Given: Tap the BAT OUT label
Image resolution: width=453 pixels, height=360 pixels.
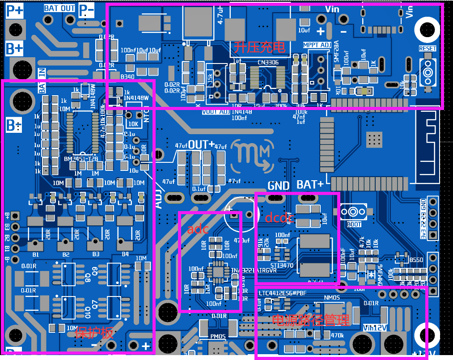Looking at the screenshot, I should (x=59, y=8).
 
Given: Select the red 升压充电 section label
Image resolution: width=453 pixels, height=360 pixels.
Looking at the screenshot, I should (x=259, y=47).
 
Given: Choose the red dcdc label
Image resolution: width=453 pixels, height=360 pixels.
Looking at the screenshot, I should (x=279, y=218).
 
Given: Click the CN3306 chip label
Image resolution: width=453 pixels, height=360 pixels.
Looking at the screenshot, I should (x=268, y=63).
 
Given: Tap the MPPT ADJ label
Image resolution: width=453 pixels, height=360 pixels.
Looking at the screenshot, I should (x=317, y=45).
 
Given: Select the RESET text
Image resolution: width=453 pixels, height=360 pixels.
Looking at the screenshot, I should (x=428, y=48).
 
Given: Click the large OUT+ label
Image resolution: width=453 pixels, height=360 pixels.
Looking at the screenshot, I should (x=201, y=145).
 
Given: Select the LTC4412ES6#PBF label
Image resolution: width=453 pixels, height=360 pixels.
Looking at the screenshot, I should (x=283, y=293).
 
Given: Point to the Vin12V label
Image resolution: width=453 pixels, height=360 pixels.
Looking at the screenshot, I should (x=375, y=327).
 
